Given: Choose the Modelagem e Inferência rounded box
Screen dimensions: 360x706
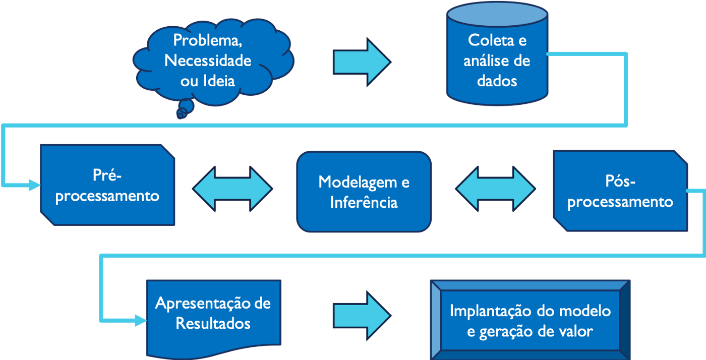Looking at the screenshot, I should tap(364, 191).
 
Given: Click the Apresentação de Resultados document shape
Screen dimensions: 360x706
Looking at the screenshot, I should tap(213, 315).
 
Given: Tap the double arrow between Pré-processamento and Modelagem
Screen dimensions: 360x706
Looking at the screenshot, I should tap(232, 188).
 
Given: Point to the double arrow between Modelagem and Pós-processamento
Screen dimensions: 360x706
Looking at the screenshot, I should tap(495, 188).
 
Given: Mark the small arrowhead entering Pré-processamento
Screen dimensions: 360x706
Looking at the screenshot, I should tap(35, 185).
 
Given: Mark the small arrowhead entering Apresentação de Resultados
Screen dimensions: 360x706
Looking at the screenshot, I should tap(141, 320).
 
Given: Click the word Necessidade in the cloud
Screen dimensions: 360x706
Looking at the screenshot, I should tap(208, 61).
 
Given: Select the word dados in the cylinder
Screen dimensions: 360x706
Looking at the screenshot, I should tap(497, 81).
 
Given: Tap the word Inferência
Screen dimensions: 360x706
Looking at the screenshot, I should tap(364, 202).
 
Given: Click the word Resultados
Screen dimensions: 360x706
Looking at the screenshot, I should tap(213, 323).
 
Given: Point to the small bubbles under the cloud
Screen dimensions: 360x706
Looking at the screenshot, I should tap(183, 111).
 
